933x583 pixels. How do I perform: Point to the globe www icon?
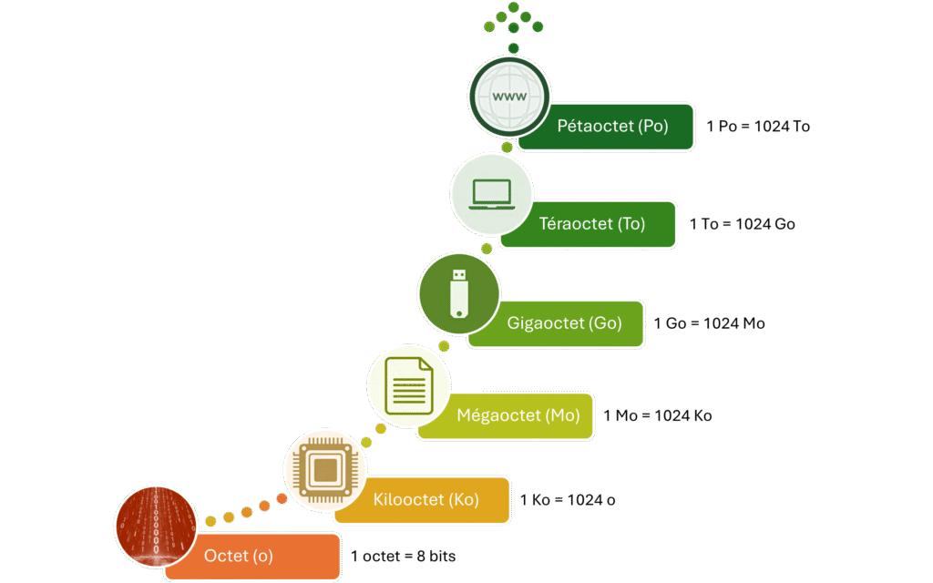pos(510,96)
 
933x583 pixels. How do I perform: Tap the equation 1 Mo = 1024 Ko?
pos(658,416)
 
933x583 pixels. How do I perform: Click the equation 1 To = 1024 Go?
pos(742,224)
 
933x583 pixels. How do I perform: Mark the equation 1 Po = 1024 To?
pos(758,127)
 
